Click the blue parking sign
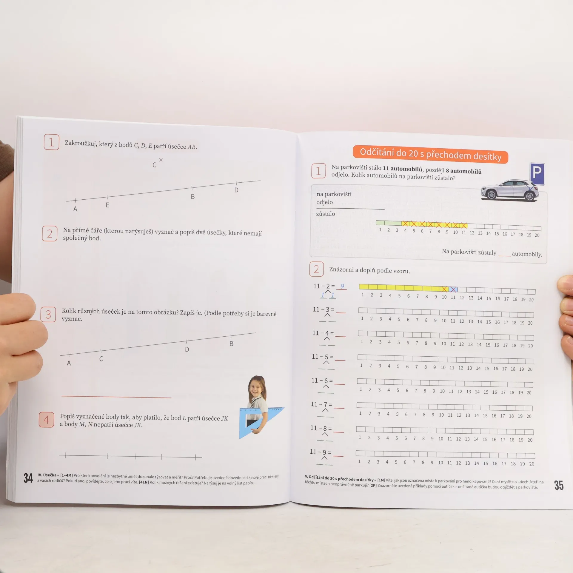pos(537,174)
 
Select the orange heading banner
pos(430,154)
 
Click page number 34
pos(28,478)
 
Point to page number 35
pos(559,485)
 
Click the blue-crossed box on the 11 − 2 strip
pos(453,289)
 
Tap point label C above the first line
pos(154,165)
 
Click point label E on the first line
pos(107,205)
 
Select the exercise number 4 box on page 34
pos(46,420)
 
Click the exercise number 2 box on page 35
pos(316,269)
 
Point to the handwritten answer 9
pos(342,286)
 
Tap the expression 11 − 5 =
pos(323,357)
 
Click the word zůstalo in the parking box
pos(326,214)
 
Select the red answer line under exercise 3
pos(116,397)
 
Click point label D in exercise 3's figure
pos(187,349)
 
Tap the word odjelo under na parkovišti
pos(325,202)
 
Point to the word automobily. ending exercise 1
pos(527,254)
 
